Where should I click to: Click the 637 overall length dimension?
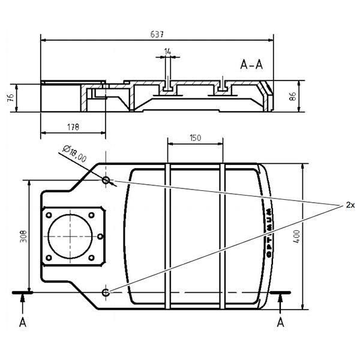point(157,34)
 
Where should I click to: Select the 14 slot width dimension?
point(167,52)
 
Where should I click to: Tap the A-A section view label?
point(251,65)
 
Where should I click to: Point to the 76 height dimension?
point(11,98)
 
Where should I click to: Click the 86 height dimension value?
point(293,97)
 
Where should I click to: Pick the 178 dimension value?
point(73,127)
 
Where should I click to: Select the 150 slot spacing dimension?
point(195,137)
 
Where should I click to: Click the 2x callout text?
point(351,205)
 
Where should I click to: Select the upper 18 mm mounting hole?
point(106,179)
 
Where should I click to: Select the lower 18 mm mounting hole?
point(106,292)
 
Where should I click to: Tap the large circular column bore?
point(71,236)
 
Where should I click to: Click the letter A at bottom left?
point(23,322)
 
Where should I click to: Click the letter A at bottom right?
point(280,322)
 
